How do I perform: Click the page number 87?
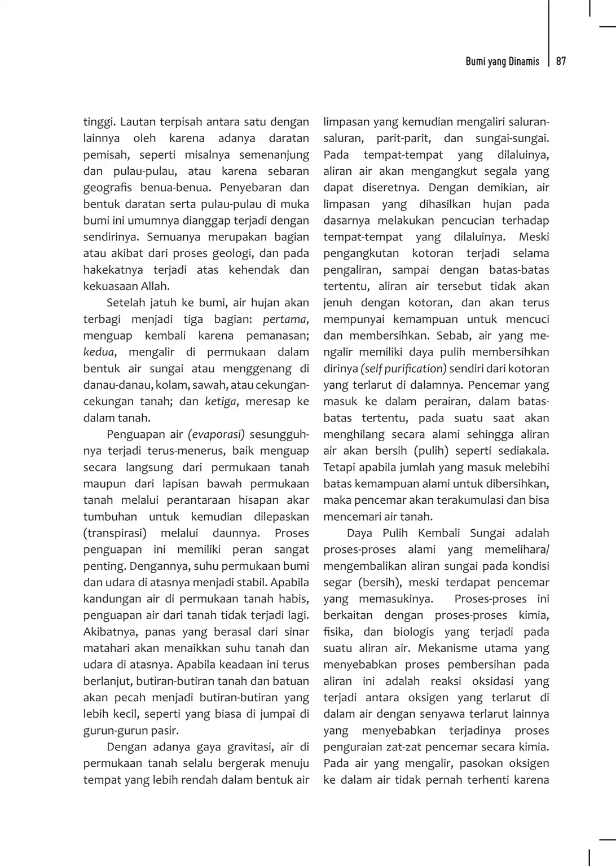[561, 61]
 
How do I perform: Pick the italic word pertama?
[285, 319]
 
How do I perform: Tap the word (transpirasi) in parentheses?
[115, 533]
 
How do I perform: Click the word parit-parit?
[403, 138]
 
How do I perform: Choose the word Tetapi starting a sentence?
[340, 468]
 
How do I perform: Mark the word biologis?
[414, 632]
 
